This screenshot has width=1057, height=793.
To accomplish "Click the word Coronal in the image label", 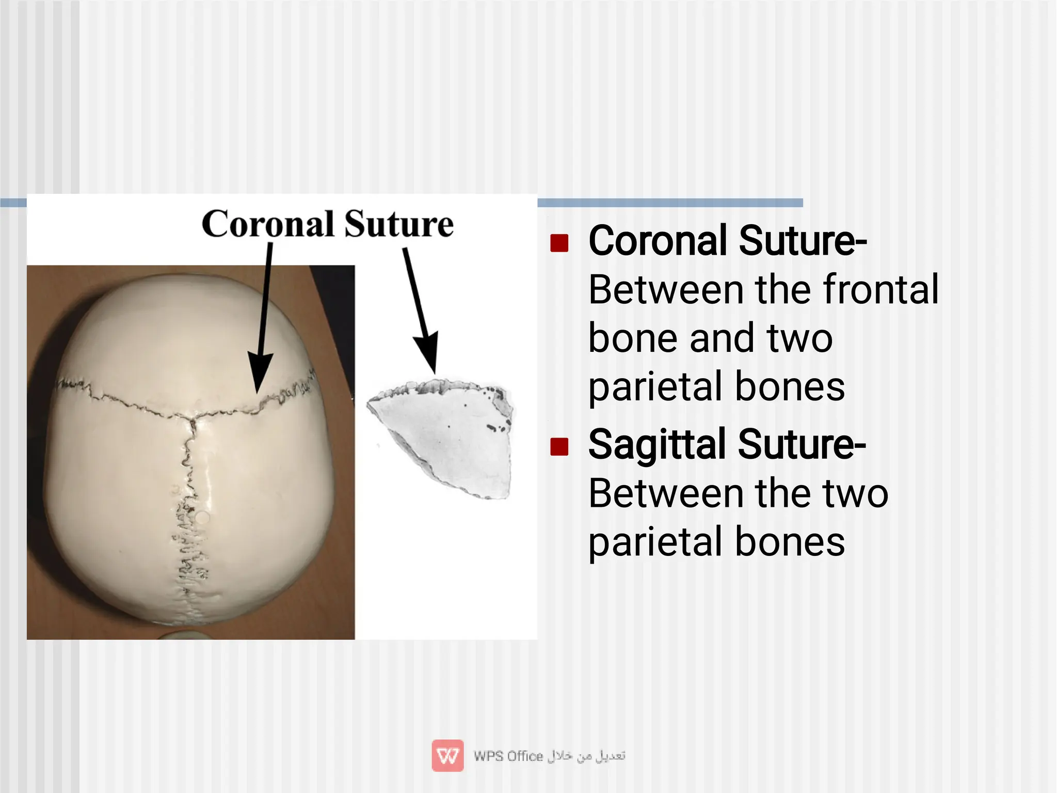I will click(x=268, y=224).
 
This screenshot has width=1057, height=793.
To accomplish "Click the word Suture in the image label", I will click(x=399, y=224).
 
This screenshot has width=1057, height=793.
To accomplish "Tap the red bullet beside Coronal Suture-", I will click(x=559, y=242).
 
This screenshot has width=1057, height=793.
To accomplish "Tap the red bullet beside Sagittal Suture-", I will click(x=559, y=446).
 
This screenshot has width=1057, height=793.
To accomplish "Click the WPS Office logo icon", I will click(x=447, y=756).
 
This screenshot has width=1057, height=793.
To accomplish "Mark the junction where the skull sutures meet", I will click(x=192, y=419).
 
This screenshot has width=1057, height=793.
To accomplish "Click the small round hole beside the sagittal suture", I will click(x=203, y=517).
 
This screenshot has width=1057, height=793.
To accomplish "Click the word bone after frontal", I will click(x=634, y=338).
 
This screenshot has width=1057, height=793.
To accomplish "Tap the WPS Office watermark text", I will click(x=508, y=756).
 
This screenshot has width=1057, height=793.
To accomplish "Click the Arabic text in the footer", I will click(x=586, y=756).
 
